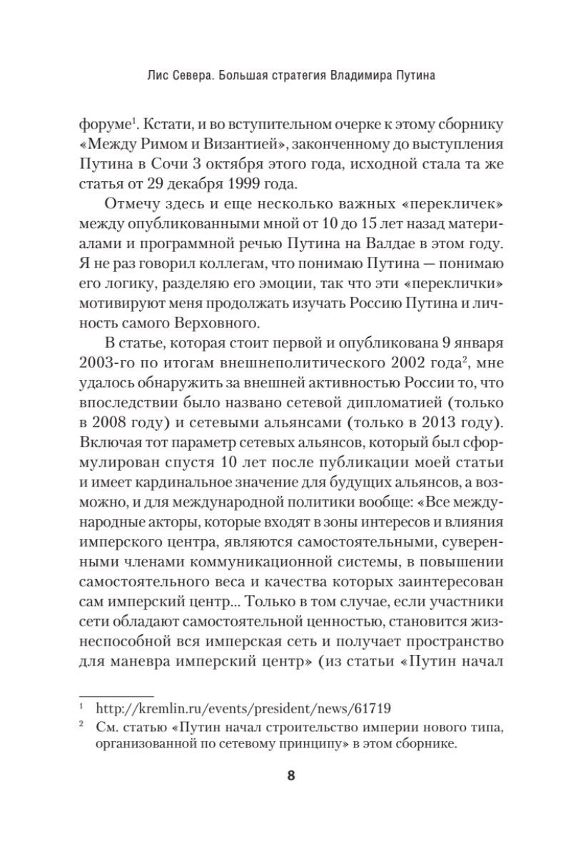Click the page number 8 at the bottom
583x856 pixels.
291,776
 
